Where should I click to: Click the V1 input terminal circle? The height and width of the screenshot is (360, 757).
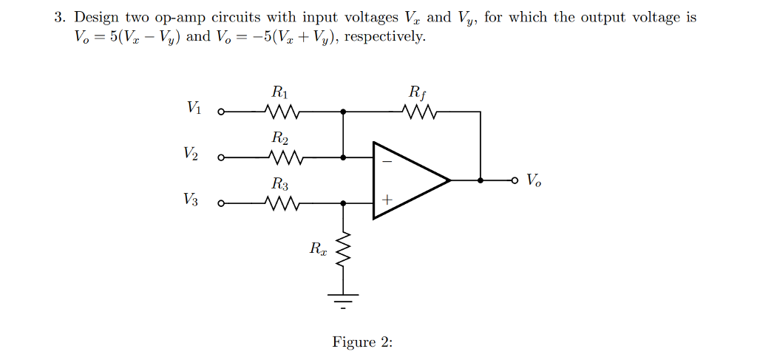point(220,113)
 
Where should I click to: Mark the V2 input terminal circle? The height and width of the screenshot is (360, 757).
point(220,157)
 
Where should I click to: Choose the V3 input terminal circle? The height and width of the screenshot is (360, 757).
point(220,203)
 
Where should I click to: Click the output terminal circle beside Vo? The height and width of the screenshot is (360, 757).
point(517,180)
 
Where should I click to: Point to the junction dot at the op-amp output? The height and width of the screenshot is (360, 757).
point(481,180)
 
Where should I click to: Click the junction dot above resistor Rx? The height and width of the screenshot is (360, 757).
point(342,203)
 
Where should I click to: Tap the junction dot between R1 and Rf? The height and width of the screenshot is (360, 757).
point(342,113)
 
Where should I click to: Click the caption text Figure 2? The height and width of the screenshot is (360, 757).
point(362,342)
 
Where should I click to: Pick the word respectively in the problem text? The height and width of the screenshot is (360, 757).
point(388,37)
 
